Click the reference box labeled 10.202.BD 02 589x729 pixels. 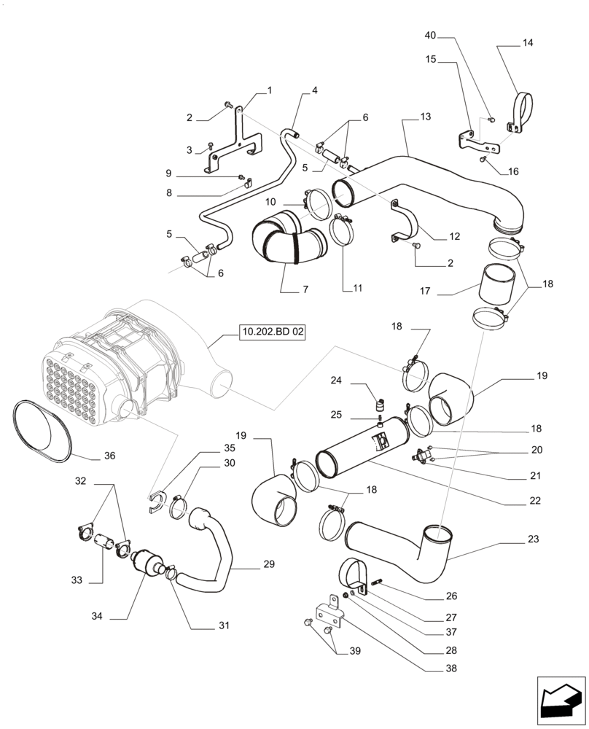(x=273, y=332)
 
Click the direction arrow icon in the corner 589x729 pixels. (x=561, y=701)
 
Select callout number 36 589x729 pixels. (x=109, y=456)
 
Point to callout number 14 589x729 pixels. (x=527, y=43)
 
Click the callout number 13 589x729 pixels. (x=426, y=117)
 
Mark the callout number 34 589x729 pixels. (x=97, y=617)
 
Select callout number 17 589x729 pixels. (x=426, y=292)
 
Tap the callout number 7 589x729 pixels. (x=305, y=289)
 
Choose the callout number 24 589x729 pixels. (x=336, y=380)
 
